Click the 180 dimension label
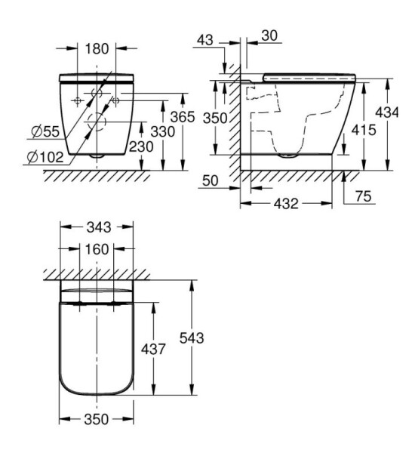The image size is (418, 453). click(x=97, y=48)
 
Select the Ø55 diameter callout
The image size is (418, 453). click(x=45, y=131)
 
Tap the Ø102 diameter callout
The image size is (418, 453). click(x=45, y=158)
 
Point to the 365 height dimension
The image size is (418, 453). click(x=183, y=117)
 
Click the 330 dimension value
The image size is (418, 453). click(x=163, y=131)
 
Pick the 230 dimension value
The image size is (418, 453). click(x=141, y=146)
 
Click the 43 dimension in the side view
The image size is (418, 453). click(x=205, y=40)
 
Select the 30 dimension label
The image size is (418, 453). click(x=269, y=35)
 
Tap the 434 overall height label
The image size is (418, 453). click(x=387, y=112)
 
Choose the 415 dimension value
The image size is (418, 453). click(x=364, y=131)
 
